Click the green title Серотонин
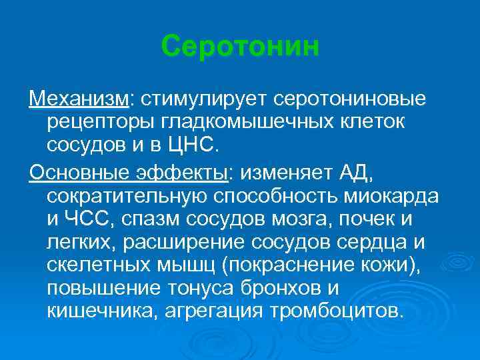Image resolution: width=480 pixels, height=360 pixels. (x=240, y=47)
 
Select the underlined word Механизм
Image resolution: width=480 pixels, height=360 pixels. (x=81, y=99)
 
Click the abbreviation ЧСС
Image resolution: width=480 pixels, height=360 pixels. (x=85, y=220)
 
